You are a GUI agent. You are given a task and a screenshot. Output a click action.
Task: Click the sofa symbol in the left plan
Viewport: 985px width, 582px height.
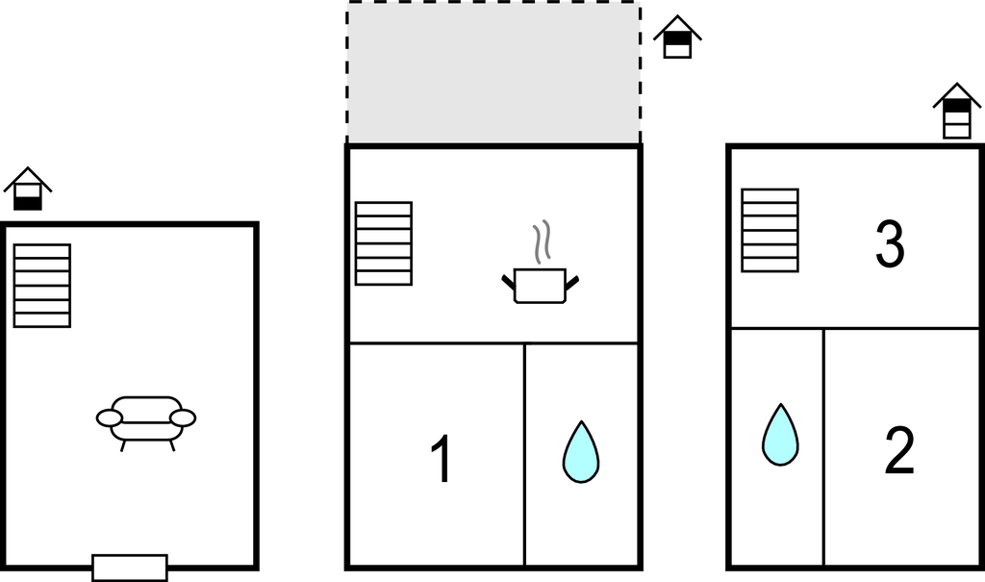click(x=146, y=419)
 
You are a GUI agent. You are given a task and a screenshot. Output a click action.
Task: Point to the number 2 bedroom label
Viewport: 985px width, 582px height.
click(x=898, y=449)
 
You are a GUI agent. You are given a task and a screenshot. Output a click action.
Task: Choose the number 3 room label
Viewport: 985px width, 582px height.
click(x=890, y=244)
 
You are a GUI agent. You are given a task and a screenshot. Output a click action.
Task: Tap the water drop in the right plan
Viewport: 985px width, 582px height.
click(x=780, y=435)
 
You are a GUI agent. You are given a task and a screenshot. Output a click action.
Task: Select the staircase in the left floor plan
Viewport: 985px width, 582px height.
click(x=42, y=286)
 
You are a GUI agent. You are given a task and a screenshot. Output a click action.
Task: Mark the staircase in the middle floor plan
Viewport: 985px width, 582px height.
click(x=384, y=243)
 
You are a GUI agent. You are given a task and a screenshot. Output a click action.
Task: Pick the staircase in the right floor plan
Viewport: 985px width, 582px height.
click(x=770, y=230)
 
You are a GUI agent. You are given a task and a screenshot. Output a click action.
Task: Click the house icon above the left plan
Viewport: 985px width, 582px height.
click(x=28, y=190)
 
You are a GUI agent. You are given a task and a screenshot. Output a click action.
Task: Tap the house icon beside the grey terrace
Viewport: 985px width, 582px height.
click(x=677, y=38)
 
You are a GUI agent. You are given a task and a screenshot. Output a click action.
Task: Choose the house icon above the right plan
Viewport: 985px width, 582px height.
click(x=957, y=111)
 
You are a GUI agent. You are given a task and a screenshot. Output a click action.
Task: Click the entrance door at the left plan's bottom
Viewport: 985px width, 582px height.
click(x=130, y=568)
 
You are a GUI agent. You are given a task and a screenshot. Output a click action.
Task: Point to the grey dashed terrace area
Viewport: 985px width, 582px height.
click(x=493, y=73)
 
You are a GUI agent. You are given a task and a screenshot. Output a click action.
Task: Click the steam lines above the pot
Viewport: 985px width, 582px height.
click(x=543, y=242)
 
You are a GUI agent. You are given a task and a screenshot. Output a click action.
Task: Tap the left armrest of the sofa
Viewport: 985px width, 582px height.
click(x=109, y=418)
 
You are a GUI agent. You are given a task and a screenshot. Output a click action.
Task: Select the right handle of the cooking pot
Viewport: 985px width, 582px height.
click(x=572, y=282)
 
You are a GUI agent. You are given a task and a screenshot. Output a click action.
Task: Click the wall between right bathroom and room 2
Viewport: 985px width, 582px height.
click(x=823, y=447)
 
